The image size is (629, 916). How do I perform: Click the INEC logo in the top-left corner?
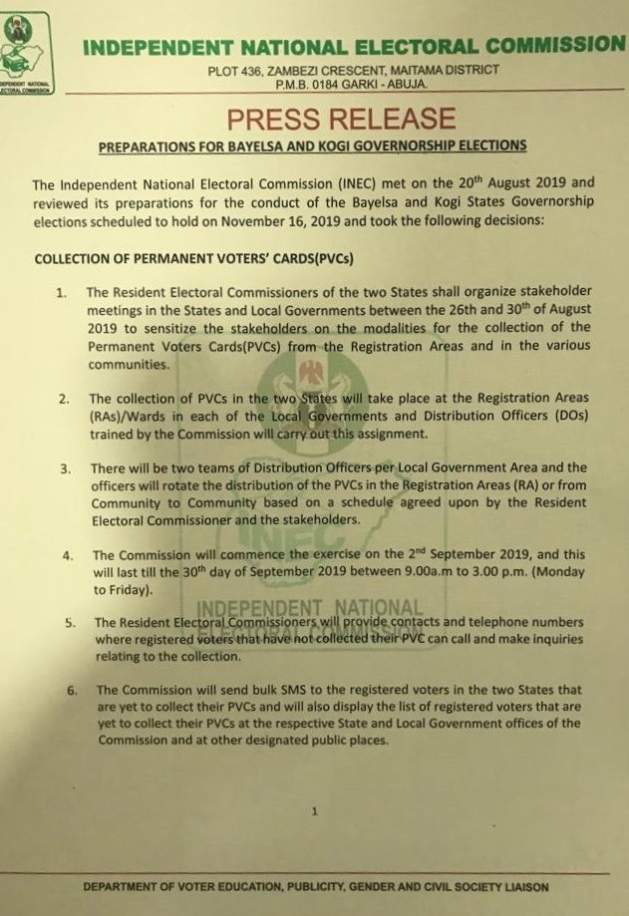[x=27, y=55]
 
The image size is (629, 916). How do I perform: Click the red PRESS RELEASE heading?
[x=341, y=120]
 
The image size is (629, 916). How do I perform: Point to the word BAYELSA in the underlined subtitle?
[x=283, y=147]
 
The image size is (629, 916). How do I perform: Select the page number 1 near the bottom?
[x=315, y=810]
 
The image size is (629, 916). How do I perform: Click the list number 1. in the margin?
[x=62, y=293]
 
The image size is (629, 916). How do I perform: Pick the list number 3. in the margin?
[x=65, y=468]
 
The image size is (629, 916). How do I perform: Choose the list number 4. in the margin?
[x=68, y=555]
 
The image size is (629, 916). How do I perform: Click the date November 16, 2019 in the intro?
[x=290, y=220]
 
